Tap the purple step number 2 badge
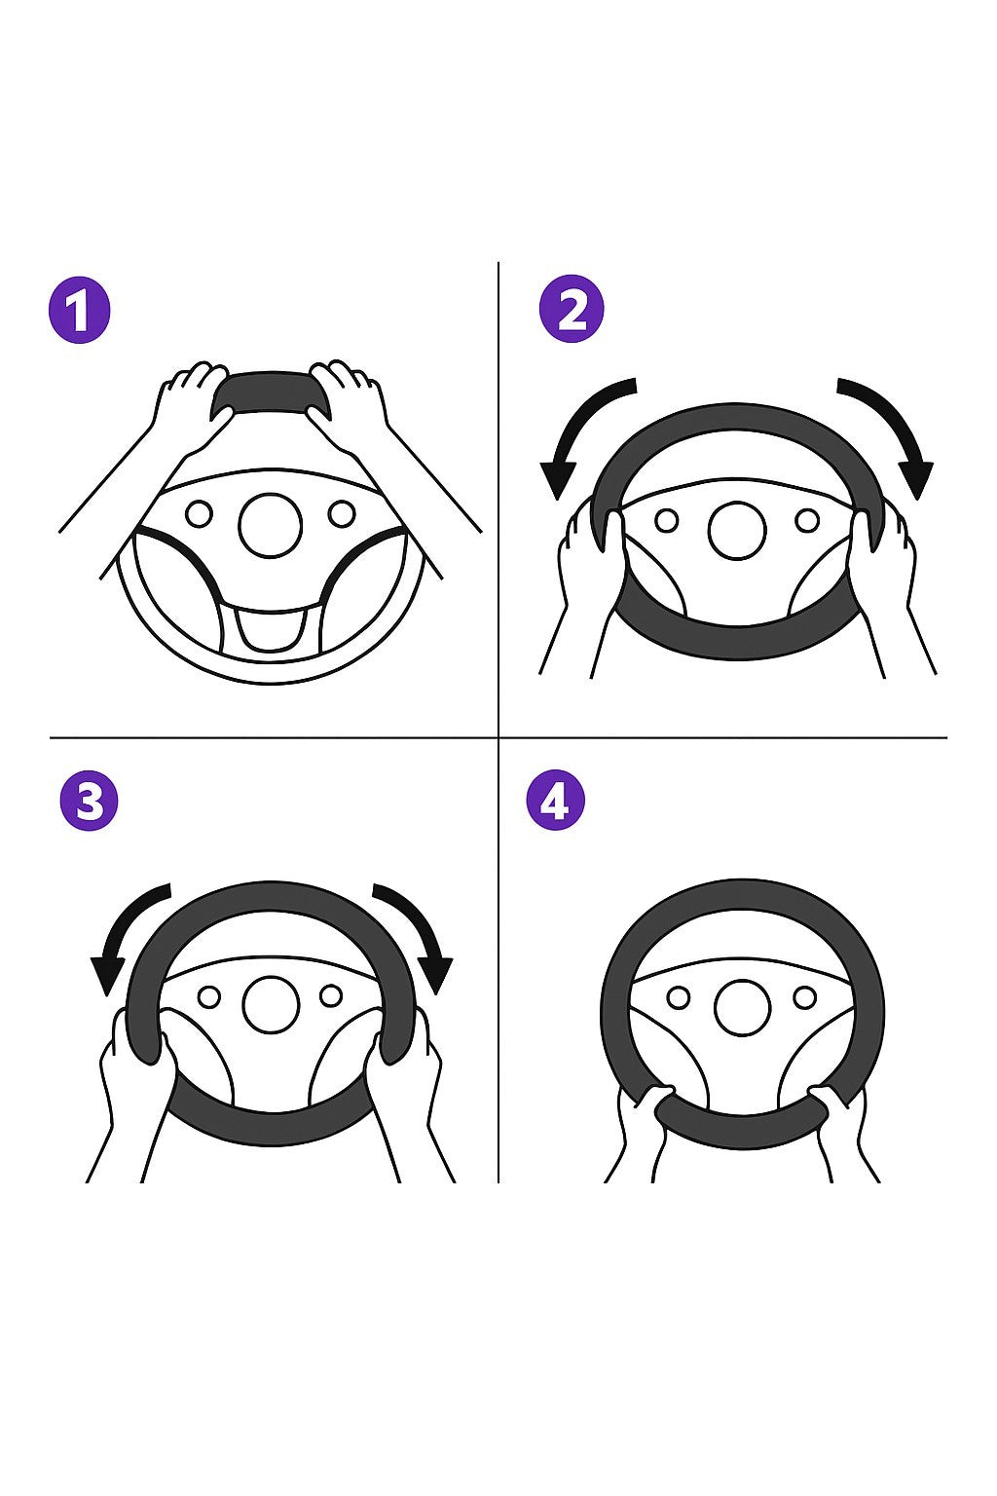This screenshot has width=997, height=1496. click(x=572, y=310)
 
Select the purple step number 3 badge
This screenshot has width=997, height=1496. click(x=89, y=801)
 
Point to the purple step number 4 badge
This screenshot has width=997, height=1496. click(x=556, y=800)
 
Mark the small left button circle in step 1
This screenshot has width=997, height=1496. click(x=199, y=514)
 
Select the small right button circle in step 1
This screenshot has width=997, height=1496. click(x=342, y=513)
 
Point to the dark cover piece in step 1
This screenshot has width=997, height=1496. click(x=272, y=394)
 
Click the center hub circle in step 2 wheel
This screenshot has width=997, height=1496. click(x=737, y=530)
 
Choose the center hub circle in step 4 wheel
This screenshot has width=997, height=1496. click(x=742, y=1008)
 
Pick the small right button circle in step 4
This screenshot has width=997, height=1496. click(x=804, y=997)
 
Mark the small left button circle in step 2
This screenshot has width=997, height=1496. click(x=666, y=520)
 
